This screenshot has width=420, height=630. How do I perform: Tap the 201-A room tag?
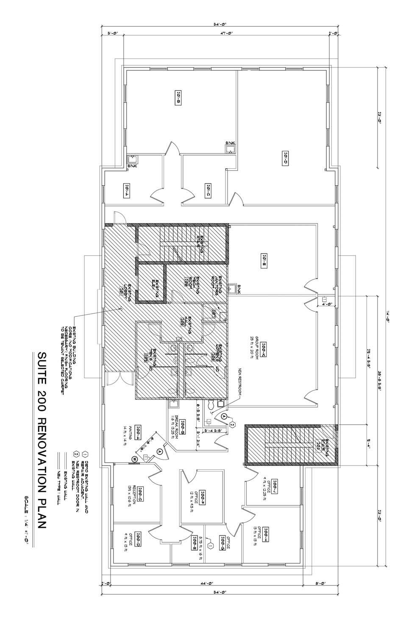point(126,190)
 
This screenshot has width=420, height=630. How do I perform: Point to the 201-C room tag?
point(208,189)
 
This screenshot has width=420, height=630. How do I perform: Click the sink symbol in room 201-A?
point(133,159)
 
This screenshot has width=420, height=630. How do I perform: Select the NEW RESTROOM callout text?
point(239,379)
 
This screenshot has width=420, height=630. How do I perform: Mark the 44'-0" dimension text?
point(208,584)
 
